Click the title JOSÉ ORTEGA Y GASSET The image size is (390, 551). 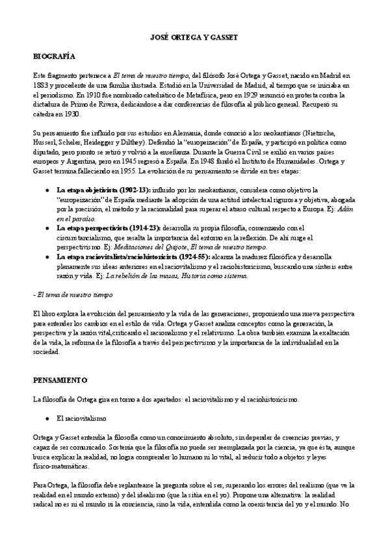pos(194,39)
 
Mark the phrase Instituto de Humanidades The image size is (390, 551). pos(269,159)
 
